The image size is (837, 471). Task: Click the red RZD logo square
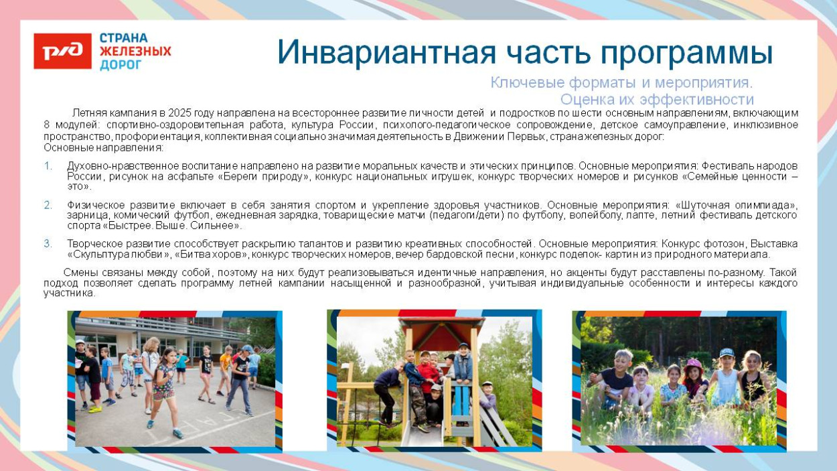tap(62, 52)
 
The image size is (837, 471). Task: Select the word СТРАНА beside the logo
tap(123, 38)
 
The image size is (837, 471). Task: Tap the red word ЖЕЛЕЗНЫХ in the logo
tap(135, 52)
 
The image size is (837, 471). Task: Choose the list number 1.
tap(48, 165)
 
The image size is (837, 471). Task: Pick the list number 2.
tap(48, 205)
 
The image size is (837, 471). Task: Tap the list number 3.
tap(48, 244)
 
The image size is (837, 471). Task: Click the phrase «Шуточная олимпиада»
tap(736, 205)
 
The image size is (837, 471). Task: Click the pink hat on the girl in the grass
tap(694, 365)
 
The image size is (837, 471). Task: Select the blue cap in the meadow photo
tap(727, 352)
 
